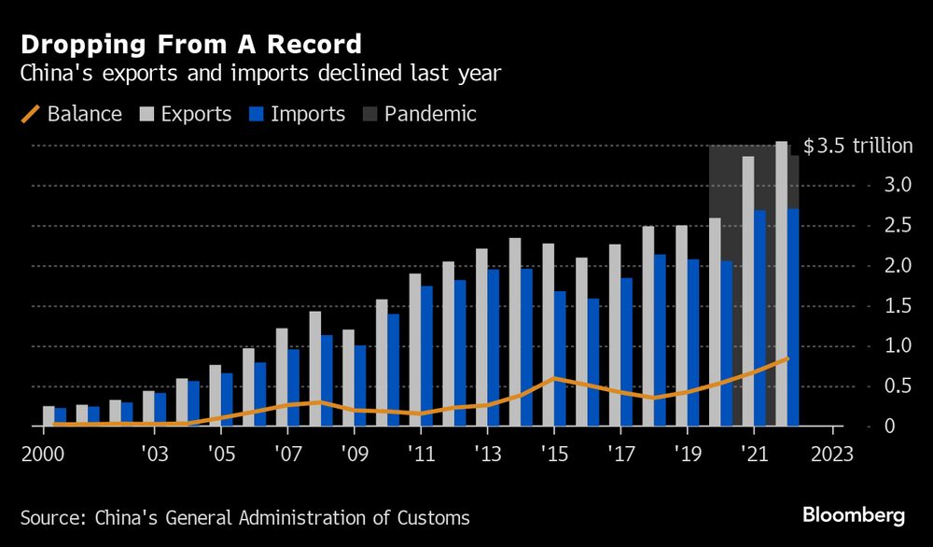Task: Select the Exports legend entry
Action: (184, 115)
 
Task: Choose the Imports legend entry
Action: (296, 115)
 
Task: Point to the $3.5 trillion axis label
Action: (857, 147)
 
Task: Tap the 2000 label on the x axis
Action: (43, 456)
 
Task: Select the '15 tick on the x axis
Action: (554, 456)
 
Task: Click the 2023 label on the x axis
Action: (833, 456)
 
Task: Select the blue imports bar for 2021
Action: (760, 317)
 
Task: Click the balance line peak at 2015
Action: (554, 378)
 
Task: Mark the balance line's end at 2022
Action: (787, 358)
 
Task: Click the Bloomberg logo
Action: (854, 515)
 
